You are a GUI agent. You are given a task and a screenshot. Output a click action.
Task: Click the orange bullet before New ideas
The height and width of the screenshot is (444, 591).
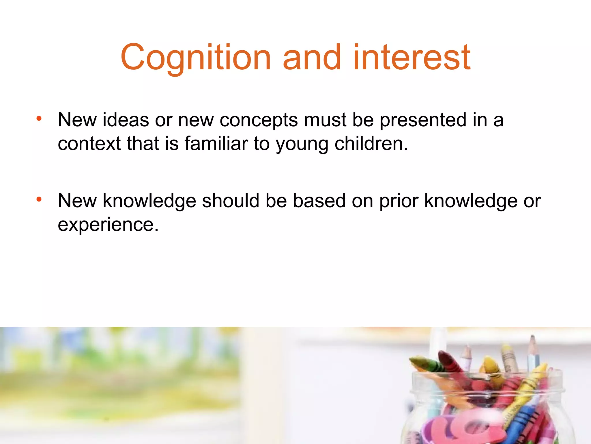pyautogui.click(x=39, y=119)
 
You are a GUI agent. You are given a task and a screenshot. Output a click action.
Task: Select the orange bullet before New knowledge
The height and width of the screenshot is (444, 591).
pyautogui.click(x=39, y=199)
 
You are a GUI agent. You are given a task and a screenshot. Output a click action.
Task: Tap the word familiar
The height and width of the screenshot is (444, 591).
pyautogui.click(x=216, y=144)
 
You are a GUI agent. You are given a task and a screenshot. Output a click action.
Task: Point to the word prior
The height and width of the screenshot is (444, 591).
pyautogui.click(x=399, y=201)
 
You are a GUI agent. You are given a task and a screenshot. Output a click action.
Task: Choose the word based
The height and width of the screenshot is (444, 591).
pyautogui.click(x=319, y=201)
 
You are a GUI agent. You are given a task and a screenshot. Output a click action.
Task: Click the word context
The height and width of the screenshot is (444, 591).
pyautogui.click(x=89, y=144)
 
